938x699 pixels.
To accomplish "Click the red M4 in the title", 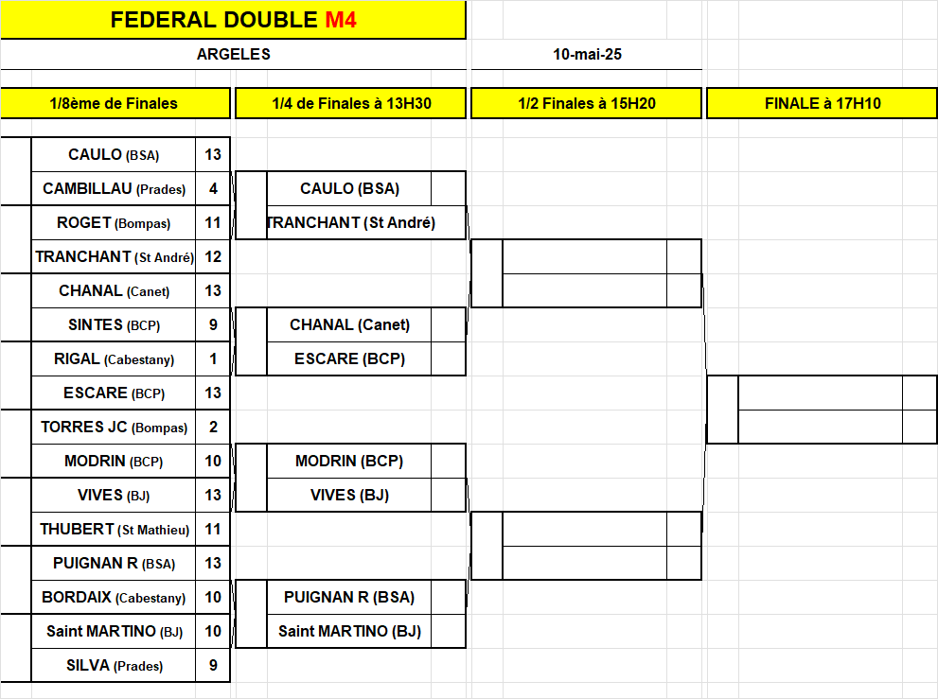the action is point(341,20).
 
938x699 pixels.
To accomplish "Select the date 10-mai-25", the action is point(587,55).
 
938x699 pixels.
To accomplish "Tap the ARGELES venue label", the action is point(233,55).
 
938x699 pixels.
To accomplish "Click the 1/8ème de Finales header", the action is point(114,103).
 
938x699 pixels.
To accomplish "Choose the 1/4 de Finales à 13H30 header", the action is point(351,103).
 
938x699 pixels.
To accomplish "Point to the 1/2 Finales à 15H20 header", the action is point(587,103).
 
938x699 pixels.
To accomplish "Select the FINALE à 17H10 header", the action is point(823,103).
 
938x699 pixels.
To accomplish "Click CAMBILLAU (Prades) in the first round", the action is point(114,189).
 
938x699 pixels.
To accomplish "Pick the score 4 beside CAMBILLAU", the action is point(213,189).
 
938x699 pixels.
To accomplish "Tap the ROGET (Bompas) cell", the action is point(114,223).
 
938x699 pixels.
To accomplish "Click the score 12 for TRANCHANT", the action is point(213,257).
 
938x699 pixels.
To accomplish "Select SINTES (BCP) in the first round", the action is point(114,325).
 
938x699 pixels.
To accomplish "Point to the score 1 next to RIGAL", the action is point(213,359).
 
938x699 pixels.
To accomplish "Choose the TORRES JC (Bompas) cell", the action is point(114,428).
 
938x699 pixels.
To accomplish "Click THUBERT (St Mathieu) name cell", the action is point(114,530).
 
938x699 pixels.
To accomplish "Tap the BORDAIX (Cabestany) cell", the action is point(114,598).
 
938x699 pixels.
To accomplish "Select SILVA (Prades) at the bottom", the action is point(114,666).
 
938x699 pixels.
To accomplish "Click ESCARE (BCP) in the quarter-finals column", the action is point(349,359).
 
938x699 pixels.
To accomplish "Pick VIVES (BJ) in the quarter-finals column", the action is point(349,496).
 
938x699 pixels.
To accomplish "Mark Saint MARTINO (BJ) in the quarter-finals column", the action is point(349,632).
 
